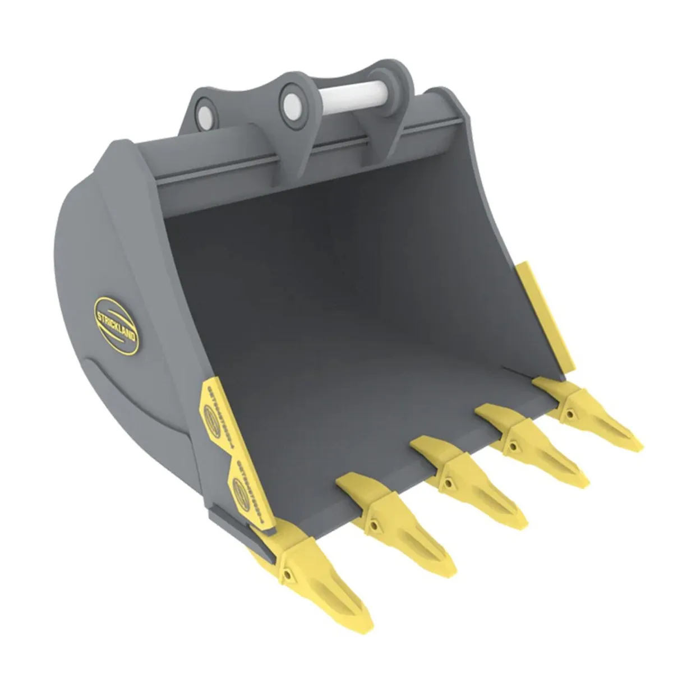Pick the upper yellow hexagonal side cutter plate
pos(216,416)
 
